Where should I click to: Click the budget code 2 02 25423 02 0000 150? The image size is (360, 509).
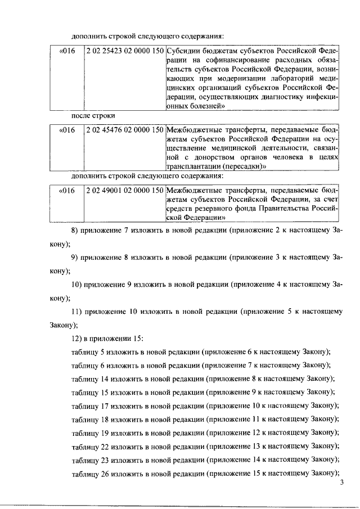click(x=124, y=51)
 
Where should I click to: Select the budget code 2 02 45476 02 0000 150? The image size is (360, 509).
click(x=124, y=130)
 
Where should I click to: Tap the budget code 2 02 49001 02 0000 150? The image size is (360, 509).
click(x=124, y=191)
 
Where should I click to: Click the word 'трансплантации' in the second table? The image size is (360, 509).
click(x=192, y=167)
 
